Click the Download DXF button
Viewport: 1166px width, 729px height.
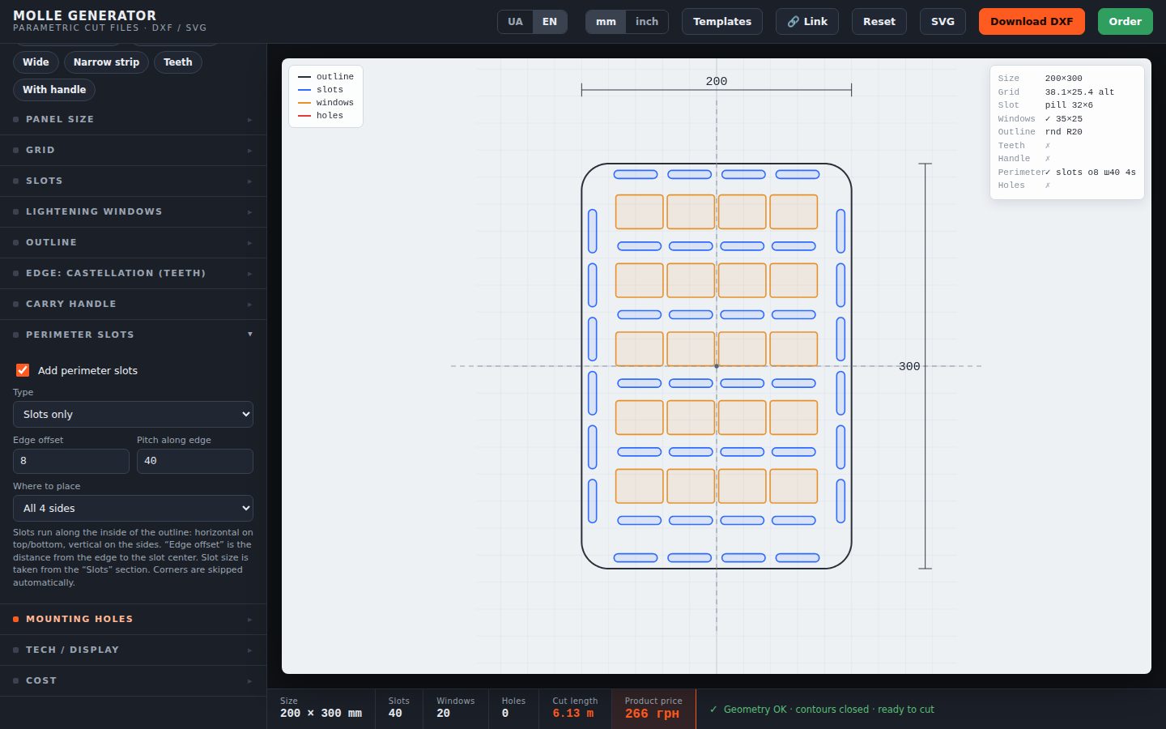click(x=1032, y=21)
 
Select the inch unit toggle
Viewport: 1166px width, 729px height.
click(x=646, y=21)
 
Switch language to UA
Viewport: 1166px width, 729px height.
click(x=515, y=21)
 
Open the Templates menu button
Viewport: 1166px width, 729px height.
click(x=722, y=21)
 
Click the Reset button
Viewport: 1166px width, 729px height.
click(x=879, y=21)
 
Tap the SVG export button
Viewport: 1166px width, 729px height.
click(x=943, y=21)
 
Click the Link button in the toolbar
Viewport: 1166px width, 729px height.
click(x=806, y=21)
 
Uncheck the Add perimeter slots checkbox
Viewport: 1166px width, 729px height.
click(x=23, y=370)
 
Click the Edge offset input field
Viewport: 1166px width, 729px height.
click(x=70, y=461)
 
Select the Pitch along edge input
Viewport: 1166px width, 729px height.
click(x=194, y=461)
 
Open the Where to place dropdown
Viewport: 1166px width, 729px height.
click(x=133, y=508)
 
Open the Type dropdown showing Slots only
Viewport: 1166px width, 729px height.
click(x=133, y=415)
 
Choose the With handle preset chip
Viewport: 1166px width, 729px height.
click(x=54, y=90)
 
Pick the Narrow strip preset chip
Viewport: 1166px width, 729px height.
click(x=106, y=62)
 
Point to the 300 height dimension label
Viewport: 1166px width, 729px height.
click(x=909, y=366)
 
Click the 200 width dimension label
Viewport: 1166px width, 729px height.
click(x=717, y=81)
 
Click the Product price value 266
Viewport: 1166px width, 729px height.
click(x=652, y=714)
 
